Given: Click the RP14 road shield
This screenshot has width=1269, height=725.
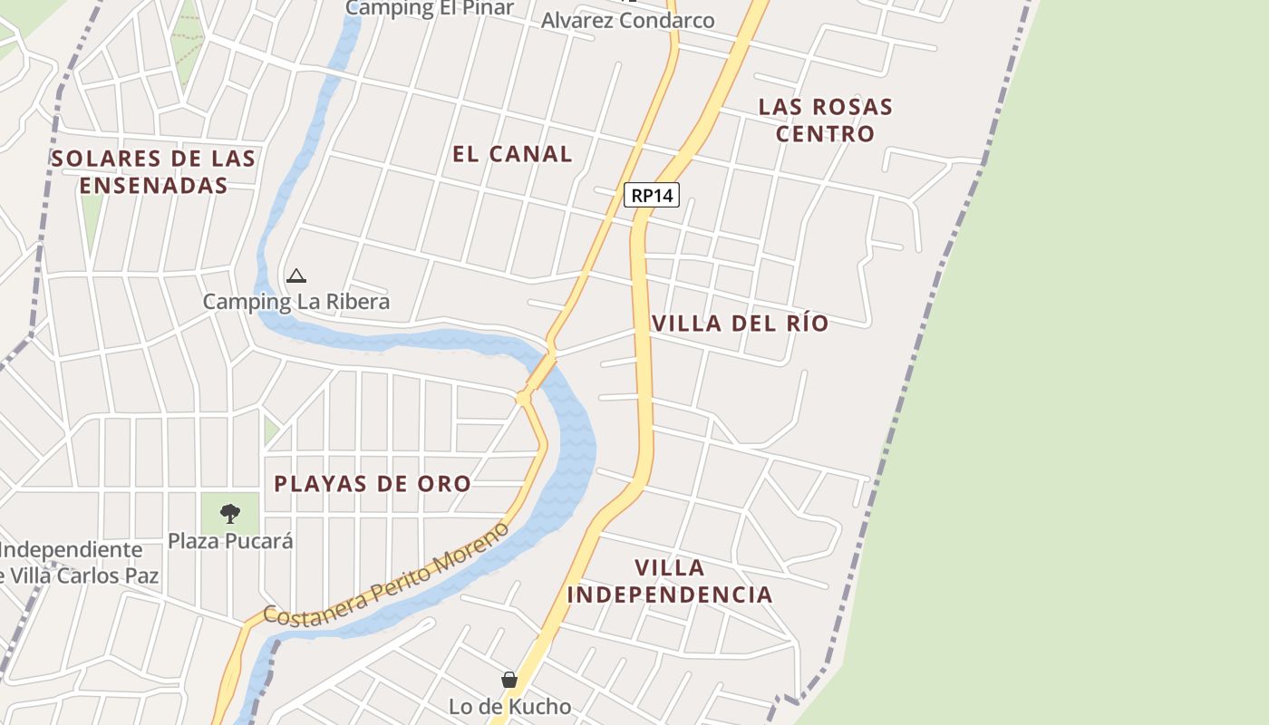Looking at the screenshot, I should click(x=652, y=195).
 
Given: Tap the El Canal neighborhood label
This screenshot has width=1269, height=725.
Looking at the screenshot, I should click(x=512, y=154).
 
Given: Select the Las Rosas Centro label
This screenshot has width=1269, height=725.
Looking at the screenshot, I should click(x=825, y=120).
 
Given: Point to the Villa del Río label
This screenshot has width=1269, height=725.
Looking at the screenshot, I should click(x=740, y=324).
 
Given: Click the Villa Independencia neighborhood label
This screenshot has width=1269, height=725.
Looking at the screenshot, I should click(x=670, y=581).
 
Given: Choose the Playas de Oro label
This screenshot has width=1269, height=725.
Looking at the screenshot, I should click(x=373, y=484).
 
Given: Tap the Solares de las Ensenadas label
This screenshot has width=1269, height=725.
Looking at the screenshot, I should click(x=153, y=171).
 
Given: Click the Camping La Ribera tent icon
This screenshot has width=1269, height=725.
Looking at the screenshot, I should click(x=295, y=275).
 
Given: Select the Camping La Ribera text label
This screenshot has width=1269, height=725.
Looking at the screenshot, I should click(x=296, y=302).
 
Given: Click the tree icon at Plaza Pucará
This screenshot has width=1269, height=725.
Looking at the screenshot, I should click(x=230, y=514).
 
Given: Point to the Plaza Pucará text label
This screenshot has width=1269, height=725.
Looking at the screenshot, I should click(x=230, y=541).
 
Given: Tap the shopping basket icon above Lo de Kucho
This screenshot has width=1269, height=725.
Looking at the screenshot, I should click(x=509, y=680).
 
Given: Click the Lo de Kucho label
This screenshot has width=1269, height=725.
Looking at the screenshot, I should click(x=510, y=706).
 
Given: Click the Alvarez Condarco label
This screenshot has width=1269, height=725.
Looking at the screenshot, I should click(x=627, y=20).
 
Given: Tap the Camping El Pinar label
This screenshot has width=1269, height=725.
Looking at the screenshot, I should click(x=430, y=8).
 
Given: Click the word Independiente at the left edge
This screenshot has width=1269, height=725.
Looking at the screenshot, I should click(x=71, y=550).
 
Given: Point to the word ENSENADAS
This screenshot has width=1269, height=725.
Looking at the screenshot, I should click(x=153, y=185).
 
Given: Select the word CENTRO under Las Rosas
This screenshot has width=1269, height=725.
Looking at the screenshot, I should click(x=825, y=133).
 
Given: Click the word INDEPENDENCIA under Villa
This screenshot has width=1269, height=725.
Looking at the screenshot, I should click(x=670, y=594).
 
